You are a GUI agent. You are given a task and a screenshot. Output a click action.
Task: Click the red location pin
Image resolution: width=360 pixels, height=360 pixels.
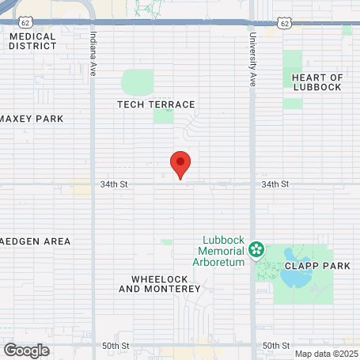181,164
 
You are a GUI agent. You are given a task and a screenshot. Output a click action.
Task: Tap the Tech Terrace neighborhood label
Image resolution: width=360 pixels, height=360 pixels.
156,104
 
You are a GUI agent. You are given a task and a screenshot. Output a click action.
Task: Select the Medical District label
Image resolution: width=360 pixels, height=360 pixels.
32,41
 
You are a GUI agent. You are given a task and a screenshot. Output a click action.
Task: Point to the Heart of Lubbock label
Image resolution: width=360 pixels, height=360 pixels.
316,81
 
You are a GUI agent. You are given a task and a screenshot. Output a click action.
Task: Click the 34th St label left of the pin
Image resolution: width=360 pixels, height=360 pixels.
114,184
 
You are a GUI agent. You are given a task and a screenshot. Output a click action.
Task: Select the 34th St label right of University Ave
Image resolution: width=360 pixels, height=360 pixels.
276,184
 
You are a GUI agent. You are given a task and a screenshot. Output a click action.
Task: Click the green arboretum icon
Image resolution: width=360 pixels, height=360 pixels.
256,251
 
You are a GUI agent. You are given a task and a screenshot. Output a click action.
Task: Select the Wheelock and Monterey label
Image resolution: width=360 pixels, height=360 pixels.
159,284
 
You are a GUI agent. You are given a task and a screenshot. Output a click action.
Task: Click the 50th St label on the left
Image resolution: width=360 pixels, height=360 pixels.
116,346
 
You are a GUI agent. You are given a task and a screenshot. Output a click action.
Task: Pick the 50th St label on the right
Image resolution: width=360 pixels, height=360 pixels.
277,346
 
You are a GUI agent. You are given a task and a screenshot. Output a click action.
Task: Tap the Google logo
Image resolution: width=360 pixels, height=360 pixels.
26,350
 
